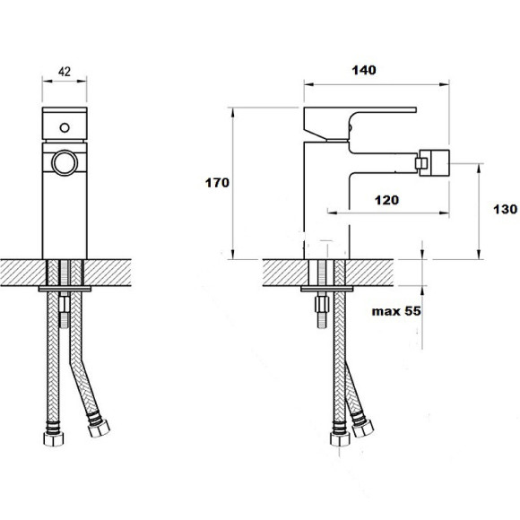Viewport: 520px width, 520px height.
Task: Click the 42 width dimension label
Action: pyautogui.click(x=65, y=72)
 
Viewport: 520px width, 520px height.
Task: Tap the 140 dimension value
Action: pyautogui.click(x=364, y=70)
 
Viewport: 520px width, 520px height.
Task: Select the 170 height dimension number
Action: pyautogui.click(x=217, y=183)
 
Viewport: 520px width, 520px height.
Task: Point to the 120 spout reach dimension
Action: pyautogui.click(x=386, y=200)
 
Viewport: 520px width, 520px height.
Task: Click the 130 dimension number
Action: pyautogui.click(x=505, y=209)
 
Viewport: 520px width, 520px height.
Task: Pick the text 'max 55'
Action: pyautogui.click(x=396, y=311)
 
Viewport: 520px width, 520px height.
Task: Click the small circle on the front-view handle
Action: pyautogui.click(x=65, y=127)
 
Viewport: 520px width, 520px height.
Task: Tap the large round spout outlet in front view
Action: pyautogui.click(x=65, y=163)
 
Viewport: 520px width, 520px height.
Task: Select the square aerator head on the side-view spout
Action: pyautogui.click(x=432, y=163)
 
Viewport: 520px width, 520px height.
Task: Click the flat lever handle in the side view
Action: pyautogui.click(x=360, y=123)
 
